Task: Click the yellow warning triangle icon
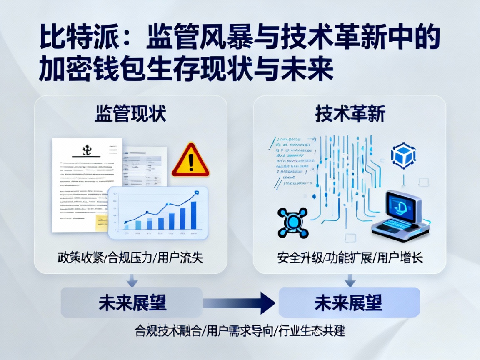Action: click(x=190, y=161)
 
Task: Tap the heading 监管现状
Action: click(x=130, y=113)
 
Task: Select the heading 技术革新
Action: click(x=350, y=113)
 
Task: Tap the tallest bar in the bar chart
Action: click(x=193, y=215)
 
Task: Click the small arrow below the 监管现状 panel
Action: click(x=132, y=280)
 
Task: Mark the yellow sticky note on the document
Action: click(x=101, y=222)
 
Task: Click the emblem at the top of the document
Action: click(x=87, y=149)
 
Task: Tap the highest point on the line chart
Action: click(x=196, y=192)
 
